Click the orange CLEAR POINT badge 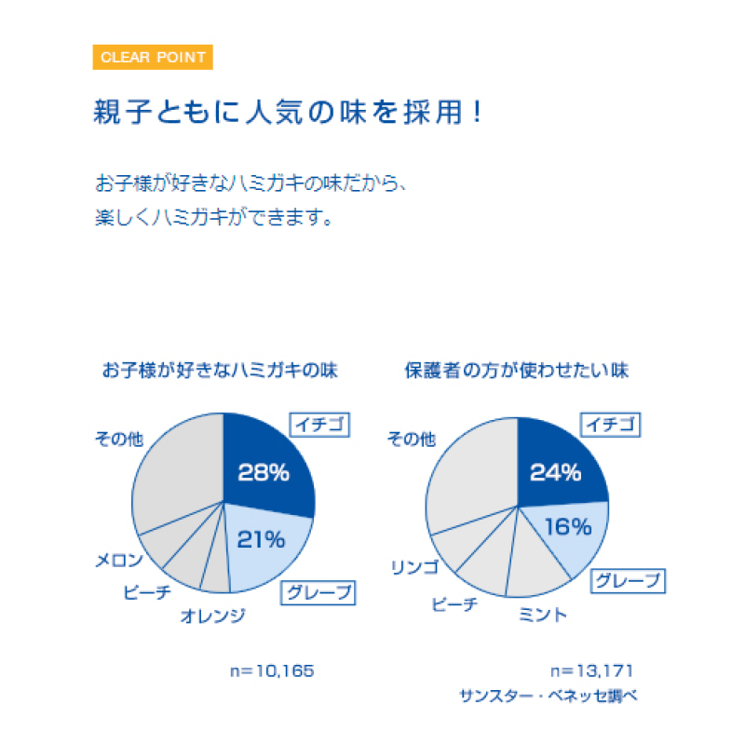[x=154, y=57]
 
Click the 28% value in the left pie [x=264, y=472]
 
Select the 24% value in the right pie [x=555, y=472]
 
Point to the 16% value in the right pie [x=568, y=527]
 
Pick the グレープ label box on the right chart [x=629, y=581]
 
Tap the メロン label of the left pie [x=119, y=561]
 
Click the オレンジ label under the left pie [x=212, y=615]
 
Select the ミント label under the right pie [x=543, y=614]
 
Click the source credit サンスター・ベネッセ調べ [x=548, y=696]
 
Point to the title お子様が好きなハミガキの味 [x=220, y=370]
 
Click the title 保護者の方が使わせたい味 [x=516, y=370]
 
